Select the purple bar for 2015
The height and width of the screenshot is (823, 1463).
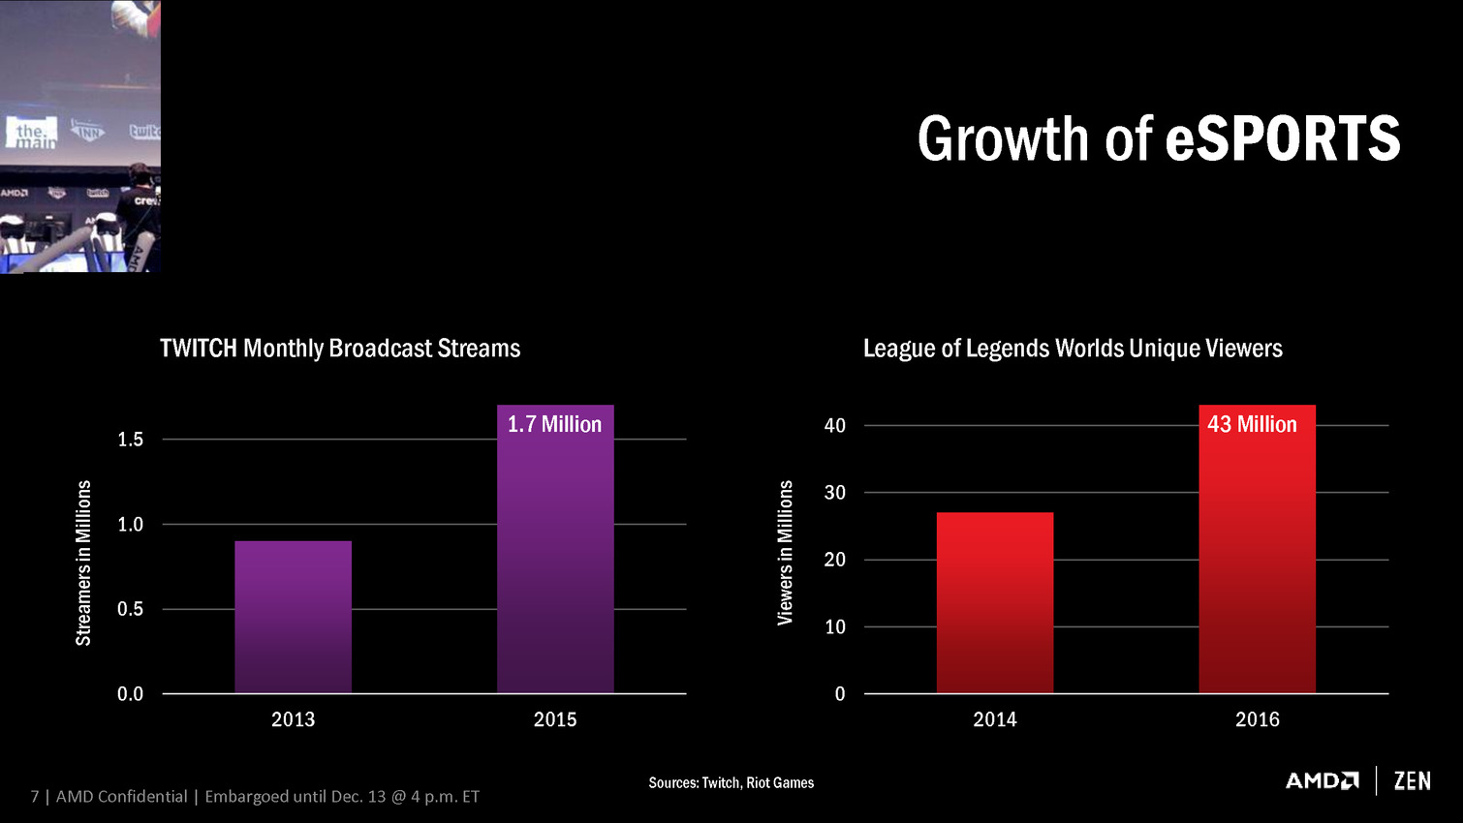[555, 562]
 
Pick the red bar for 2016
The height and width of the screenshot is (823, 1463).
[1257, 562]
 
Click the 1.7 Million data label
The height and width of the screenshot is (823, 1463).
[554, 424]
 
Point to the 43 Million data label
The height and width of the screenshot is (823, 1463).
[1252, 424]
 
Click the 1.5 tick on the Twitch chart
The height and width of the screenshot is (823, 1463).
[130, 440]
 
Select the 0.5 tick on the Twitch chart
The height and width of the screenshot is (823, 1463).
[130, 609]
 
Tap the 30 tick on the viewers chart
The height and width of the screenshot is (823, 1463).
[834, 493]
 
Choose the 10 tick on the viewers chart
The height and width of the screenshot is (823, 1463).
[834, 626]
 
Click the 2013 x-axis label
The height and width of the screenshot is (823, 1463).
[293, 719]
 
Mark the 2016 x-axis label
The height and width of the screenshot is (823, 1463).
[1257, 719]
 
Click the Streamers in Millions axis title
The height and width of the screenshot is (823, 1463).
[84, 563]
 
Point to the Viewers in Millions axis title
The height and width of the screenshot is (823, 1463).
[785, 552]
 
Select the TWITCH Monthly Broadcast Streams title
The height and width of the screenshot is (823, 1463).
[340, 349]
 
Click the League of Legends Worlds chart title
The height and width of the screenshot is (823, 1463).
[1073, 349]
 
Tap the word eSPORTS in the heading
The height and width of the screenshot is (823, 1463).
[1282, 138]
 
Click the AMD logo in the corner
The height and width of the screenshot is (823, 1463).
[1322, 780]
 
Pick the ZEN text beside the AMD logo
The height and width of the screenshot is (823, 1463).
[1412, 780]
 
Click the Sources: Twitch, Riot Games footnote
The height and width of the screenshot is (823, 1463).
[731, 782]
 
